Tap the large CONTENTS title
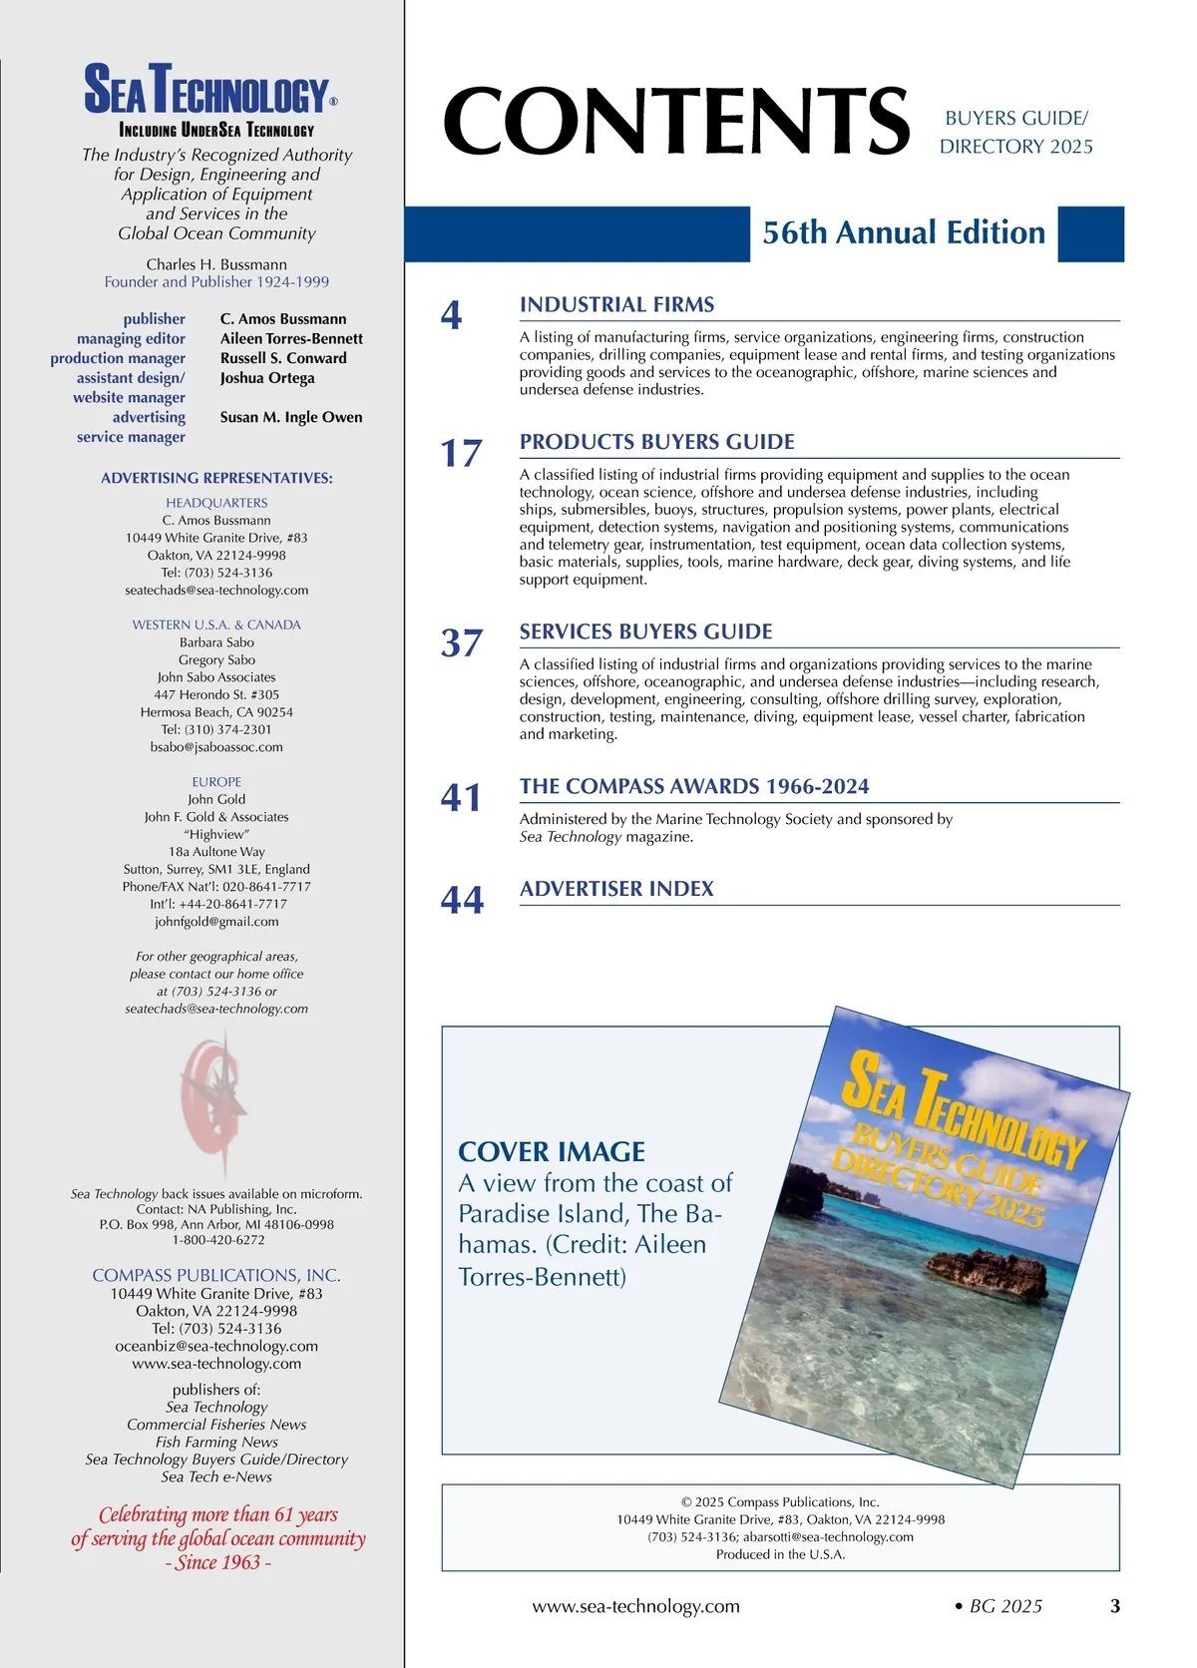tap(676, 121)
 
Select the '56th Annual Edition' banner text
tap(904, 233)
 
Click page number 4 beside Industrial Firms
tap(451, 316)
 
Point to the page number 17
tap(461, 454)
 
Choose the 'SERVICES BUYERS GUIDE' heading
tap(645, 631)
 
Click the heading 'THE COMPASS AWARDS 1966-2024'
tap(693, 786)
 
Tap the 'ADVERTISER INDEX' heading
tap(616, 889)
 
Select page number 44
tap(462, 901)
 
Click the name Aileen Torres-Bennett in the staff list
tap(291, 339)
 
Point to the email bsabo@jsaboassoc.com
tap(216, 747)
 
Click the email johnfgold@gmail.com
tap(216, 922)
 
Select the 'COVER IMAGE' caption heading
tap(552, 1152)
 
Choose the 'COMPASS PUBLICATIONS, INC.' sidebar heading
tap(216, 1275)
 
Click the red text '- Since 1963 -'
tap(217, 1563)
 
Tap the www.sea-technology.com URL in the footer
tap(635, 1606)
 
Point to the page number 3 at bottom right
tap(1115, 1606)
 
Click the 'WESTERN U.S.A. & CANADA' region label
tap(216, 625)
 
